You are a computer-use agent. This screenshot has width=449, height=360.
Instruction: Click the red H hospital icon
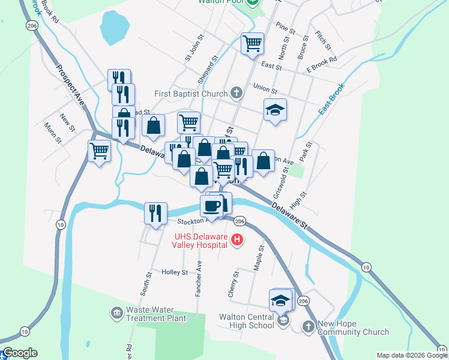(x=237, y=240)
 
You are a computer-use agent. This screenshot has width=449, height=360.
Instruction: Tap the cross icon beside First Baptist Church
(x=237, y=93)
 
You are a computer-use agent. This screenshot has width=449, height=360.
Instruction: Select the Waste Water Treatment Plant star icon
(x=116, y=313)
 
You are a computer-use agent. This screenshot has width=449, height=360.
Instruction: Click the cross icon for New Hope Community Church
(x=308, y=326)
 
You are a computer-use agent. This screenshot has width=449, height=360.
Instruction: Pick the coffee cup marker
(x=211, y=206)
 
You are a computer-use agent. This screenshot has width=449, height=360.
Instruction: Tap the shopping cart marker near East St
(x=252, y=43)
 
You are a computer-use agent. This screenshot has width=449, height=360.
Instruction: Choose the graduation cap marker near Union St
(x=275, y=109)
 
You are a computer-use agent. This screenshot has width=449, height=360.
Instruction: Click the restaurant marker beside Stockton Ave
(x=155, y=213)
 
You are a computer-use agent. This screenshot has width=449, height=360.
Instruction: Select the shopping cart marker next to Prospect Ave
(x=99, y=150)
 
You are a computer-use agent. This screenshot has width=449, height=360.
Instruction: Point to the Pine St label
(x=286, y=28)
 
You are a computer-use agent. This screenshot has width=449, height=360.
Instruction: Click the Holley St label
(x=175, y=272)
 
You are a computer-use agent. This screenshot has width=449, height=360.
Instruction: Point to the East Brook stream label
(x=332, y=100)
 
